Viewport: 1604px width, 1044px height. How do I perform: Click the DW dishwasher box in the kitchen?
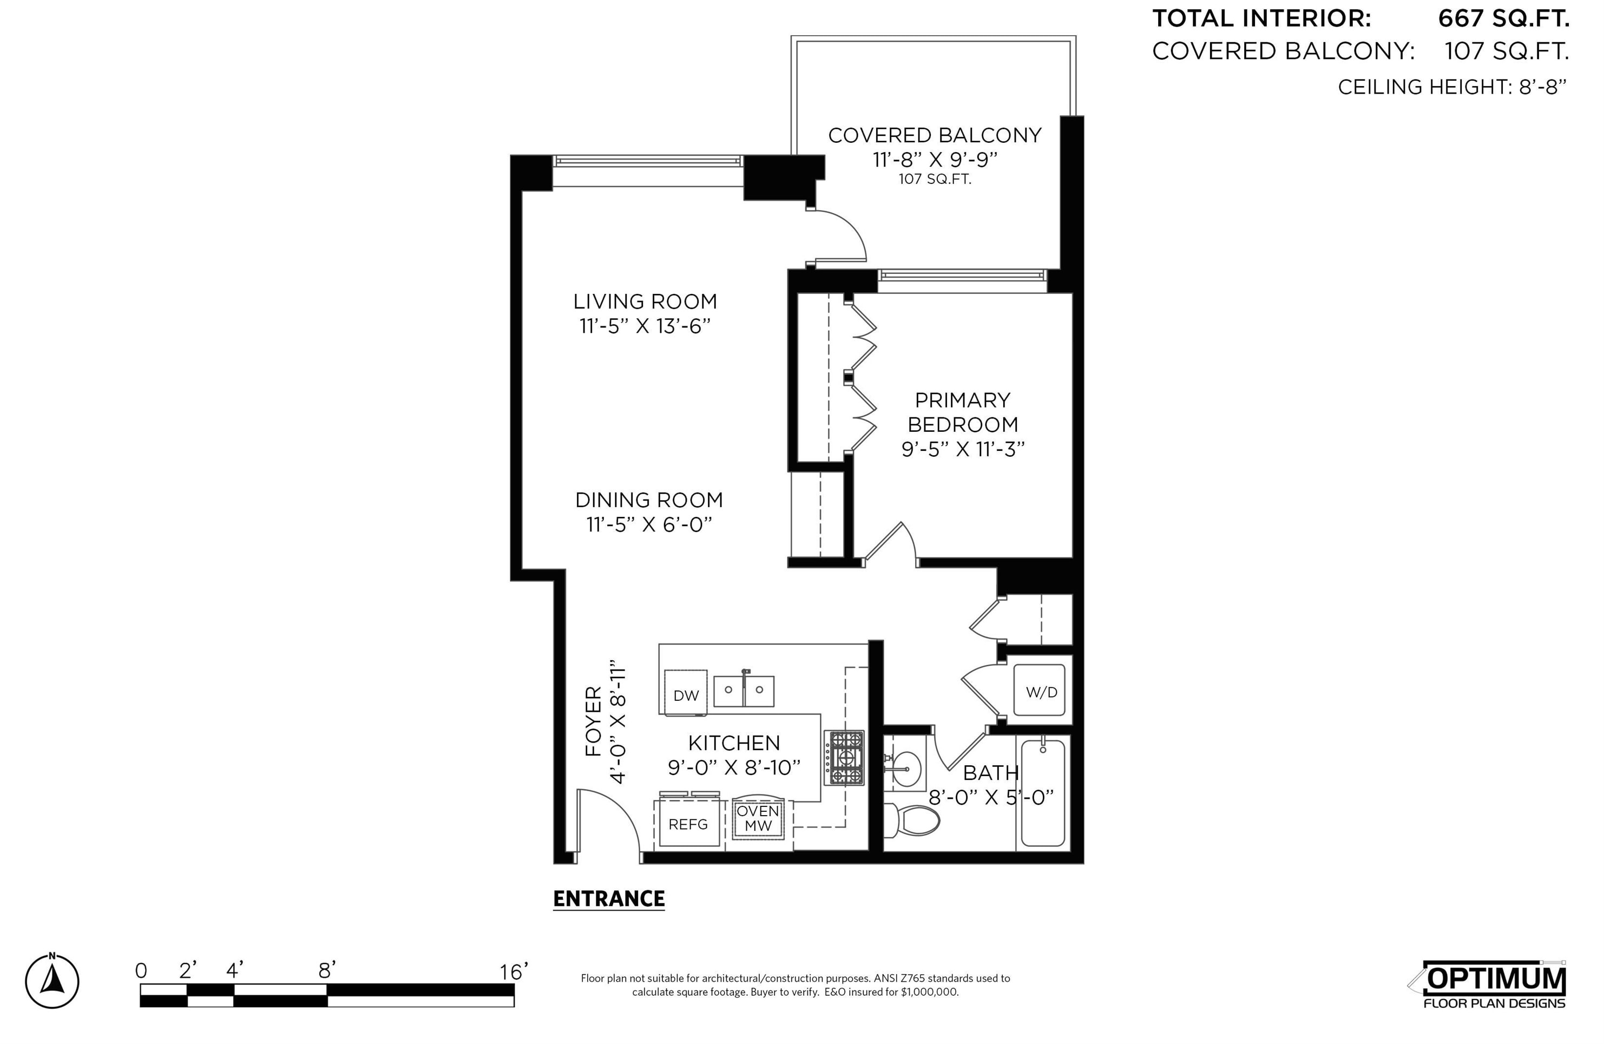click(x=686, y=692)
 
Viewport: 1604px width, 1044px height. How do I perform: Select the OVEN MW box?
click(x=758, y=819)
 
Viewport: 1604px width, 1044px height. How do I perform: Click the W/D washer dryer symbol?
click(x=1041, y=691)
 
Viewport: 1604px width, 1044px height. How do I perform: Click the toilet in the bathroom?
click(x=913, y=820)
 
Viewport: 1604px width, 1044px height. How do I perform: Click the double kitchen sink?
click(x=744, y=690)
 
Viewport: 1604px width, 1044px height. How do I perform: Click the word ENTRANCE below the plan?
click(x=609, y=898)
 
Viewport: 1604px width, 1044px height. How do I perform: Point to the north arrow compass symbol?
click(x=52, y=981)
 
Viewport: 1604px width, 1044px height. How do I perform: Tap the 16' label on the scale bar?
click(x=514, y=971)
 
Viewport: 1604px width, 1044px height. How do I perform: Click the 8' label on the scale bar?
click(x=327, y=970)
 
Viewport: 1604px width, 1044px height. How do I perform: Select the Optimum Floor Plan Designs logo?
click(x=1494, y=984)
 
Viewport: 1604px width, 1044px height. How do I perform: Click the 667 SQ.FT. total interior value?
click(x=1503, y=19)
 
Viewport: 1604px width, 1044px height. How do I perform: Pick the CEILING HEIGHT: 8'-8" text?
click(x=1452, y=87)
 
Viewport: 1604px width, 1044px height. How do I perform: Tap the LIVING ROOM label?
click(x=645, y=301)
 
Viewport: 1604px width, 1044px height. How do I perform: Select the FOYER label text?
click(x=593, y=721)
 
